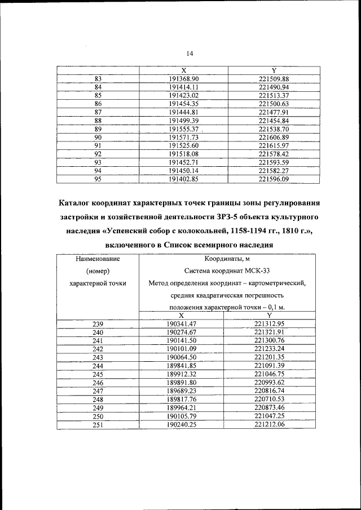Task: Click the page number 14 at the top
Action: [x=189, y=53]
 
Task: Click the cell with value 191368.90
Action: [x=184, y=79]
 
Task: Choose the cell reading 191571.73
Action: [x=184, y=138]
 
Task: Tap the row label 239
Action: [x=98, y=323]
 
